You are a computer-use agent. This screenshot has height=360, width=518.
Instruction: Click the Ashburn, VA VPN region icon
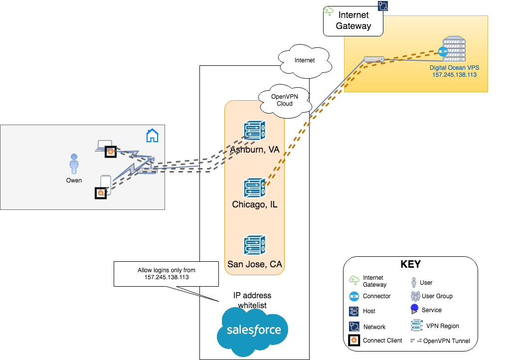click(255, 131)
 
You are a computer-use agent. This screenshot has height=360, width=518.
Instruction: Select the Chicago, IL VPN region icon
click(255, 187)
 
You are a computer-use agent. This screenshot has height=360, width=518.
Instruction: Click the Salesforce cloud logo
click(254, 330)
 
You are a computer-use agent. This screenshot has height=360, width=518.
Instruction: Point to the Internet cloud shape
click(305, 61)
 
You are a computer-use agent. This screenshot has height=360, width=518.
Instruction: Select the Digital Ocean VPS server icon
click(454, 49)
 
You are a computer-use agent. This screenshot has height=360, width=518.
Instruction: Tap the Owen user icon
click(74, 164)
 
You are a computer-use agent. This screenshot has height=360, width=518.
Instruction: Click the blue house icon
click(152, 135)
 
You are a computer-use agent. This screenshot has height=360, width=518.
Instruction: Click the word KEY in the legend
click(410, 264)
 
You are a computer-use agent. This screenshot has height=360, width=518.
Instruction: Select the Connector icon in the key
click(354, 296)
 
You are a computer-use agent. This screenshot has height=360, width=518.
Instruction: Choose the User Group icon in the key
click(415, 296)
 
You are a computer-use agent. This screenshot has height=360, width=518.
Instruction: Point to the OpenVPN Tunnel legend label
click(443, 341)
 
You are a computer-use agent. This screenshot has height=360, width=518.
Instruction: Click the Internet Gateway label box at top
click(353, 21)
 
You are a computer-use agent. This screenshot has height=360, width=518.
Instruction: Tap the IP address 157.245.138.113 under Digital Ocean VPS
click(454, 74)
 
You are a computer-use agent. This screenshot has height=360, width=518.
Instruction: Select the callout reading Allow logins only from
click(167, 274)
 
